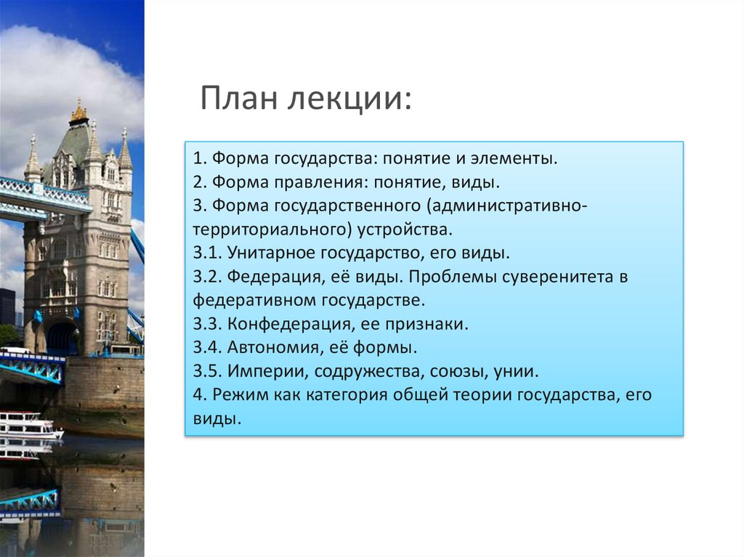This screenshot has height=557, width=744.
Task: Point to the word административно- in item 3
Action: click(508, 206)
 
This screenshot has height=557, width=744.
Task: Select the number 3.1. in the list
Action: click(207, 253)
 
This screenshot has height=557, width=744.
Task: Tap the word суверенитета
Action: click(535, 277)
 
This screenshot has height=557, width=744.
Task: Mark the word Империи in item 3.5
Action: click(259, 372)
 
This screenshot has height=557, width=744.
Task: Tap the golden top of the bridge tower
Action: click(78, 113)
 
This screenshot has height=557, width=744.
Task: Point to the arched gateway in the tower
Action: click(62, 338)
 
